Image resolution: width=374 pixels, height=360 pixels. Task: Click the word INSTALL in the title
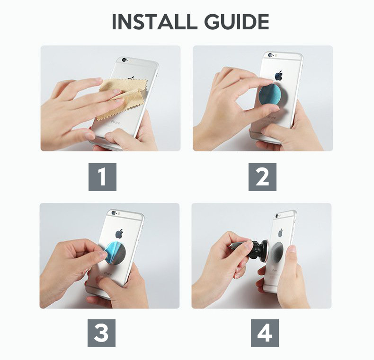pos(154,22)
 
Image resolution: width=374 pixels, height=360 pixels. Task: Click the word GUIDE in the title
pos(237,22)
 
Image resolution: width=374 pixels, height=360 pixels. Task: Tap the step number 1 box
pos(102,177)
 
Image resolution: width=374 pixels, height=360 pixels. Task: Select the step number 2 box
pos(262,177)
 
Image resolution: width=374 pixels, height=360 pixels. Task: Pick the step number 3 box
pos(101,333)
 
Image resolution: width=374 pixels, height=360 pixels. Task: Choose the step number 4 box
pos(265,333)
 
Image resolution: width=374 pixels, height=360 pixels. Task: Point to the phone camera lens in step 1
pos(124,60)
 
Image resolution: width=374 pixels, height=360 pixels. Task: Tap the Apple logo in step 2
pos(278,75)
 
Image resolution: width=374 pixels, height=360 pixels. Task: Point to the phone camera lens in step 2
pos(270,55)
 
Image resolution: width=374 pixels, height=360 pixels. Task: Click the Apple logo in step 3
pos(119,234)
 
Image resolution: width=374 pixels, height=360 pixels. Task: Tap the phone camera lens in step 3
pos(113,213)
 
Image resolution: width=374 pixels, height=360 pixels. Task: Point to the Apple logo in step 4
pos(280,232)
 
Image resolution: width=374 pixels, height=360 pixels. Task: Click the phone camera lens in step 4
pos(277,216)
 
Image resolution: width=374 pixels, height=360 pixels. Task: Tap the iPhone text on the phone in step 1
pos(115,123)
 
